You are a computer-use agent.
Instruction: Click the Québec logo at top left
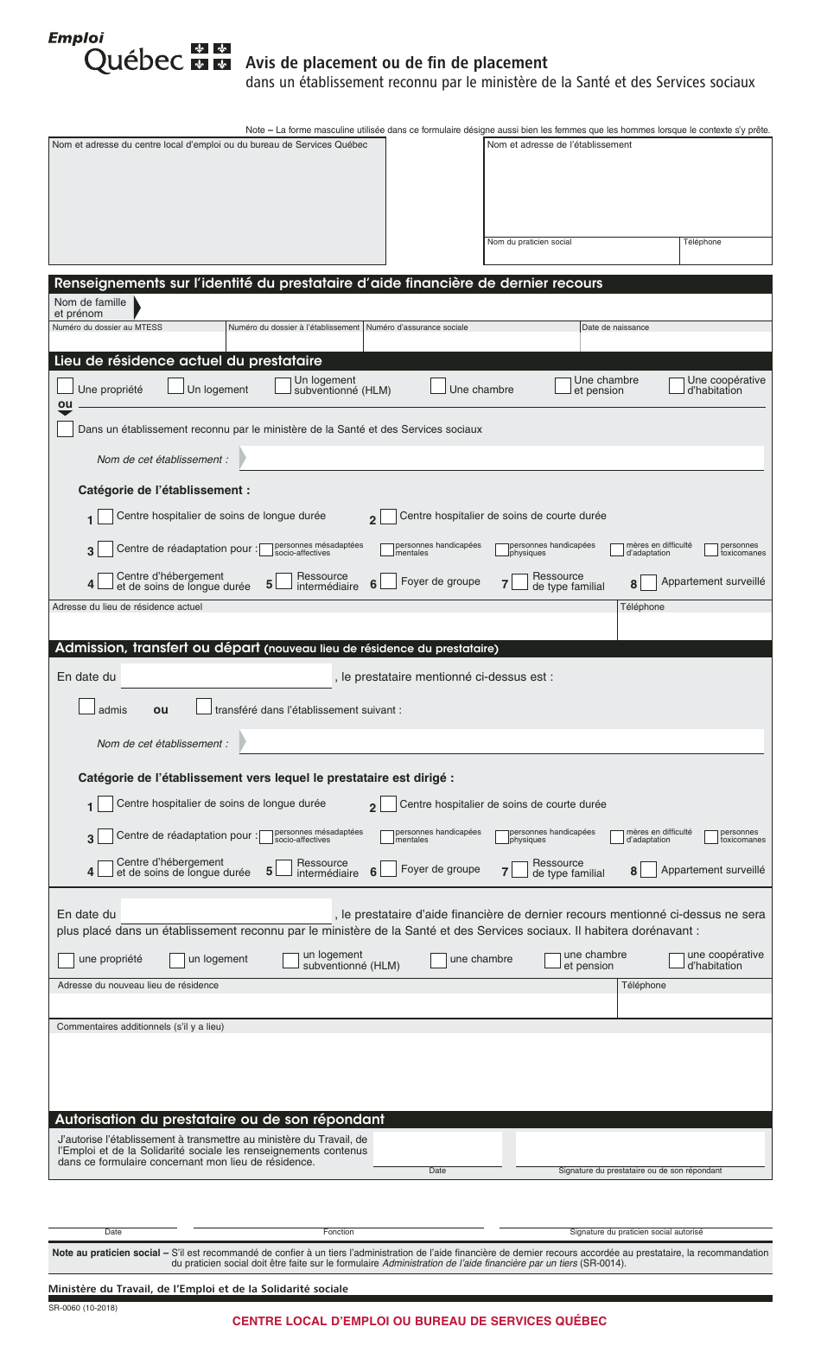click(x=138, y=54)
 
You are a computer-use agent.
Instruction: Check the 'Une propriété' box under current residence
click(x=65, y=386)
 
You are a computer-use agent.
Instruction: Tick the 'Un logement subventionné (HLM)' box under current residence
click(x=283, y=386)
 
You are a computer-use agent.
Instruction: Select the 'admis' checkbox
click(x=86, y=707)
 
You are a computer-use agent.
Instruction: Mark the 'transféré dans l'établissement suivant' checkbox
click(x=204, y=707)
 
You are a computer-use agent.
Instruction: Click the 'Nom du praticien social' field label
click(x=529, y=242)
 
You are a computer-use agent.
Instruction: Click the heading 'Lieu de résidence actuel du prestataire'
click(x=188, y=361)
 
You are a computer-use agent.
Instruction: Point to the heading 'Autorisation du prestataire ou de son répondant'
click(x=220, y=1120)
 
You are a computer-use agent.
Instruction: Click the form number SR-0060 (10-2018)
click(x=83, y=1308)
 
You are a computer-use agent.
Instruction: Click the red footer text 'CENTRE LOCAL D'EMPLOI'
click(x=419, y=1321)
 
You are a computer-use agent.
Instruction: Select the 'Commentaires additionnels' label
click(x=140, y=1027)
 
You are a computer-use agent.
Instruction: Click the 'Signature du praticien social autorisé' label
click(x=636, y=1232)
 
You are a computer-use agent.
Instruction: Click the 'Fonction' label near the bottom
click(x=338, y=1232)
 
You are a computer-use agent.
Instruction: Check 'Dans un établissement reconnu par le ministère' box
click(x=65, y=429)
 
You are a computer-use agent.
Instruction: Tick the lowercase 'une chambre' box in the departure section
click(x=438, y=960)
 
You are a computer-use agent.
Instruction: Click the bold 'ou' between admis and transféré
click(x=161, y=710)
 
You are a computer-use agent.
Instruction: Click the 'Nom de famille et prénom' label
click(x=90, y=308)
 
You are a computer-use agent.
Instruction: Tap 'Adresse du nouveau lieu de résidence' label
click(x=138, y=986)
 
